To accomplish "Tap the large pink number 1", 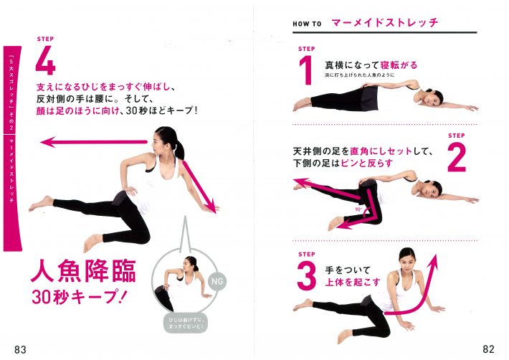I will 305,72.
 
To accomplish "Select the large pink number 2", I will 457,157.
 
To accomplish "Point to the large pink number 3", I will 306,275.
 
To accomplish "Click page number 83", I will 20,349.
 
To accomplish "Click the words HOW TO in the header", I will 307,24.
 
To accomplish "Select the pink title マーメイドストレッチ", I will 384,23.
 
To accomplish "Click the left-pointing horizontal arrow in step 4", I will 93,142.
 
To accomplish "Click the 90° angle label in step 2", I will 356,210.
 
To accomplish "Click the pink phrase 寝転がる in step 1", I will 399,65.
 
